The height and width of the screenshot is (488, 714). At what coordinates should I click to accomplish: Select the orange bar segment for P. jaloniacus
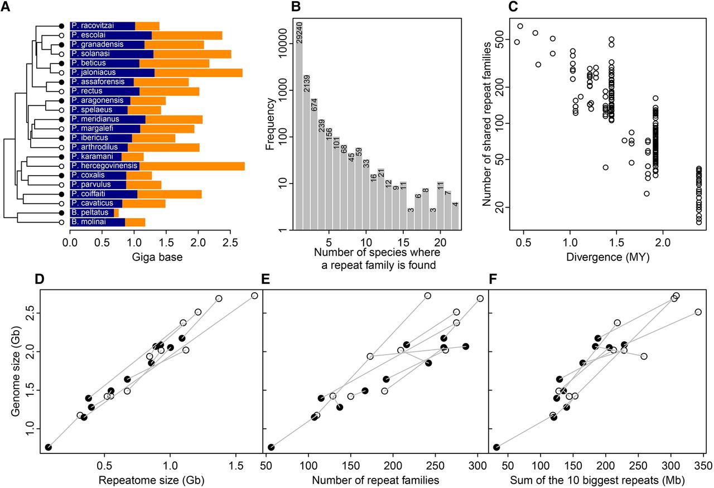tap(198, 73)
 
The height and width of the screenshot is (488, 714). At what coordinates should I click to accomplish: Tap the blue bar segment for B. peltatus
tap(92, 212)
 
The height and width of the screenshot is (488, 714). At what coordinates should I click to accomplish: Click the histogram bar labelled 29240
tap(299, 128)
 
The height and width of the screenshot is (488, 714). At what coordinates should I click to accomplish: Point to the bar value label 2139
tap(307, 86)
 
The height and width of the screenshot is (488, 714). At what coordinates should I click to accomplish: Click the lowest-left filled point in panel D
tap(49, 447)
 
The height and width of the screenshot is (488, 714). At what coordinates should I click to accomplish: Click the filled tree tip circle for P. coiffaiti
tap(62, 194)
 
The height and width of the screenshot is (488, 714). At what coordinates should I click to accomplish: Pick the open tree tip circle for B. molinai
tap(62, 222)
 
